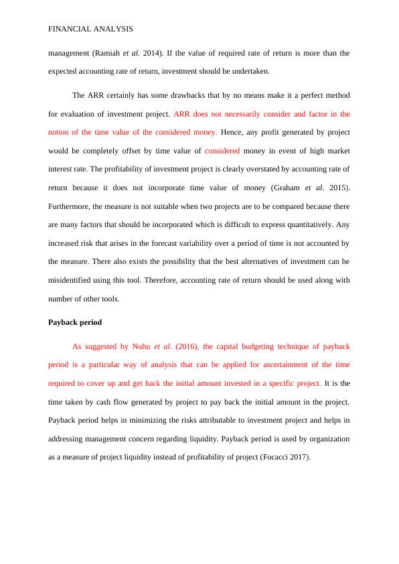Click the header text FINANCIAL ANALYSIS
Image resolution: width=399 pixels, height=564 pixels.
pos(90,29)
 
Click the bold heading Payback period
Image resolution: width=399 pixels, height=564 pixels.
pos(75,322)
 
